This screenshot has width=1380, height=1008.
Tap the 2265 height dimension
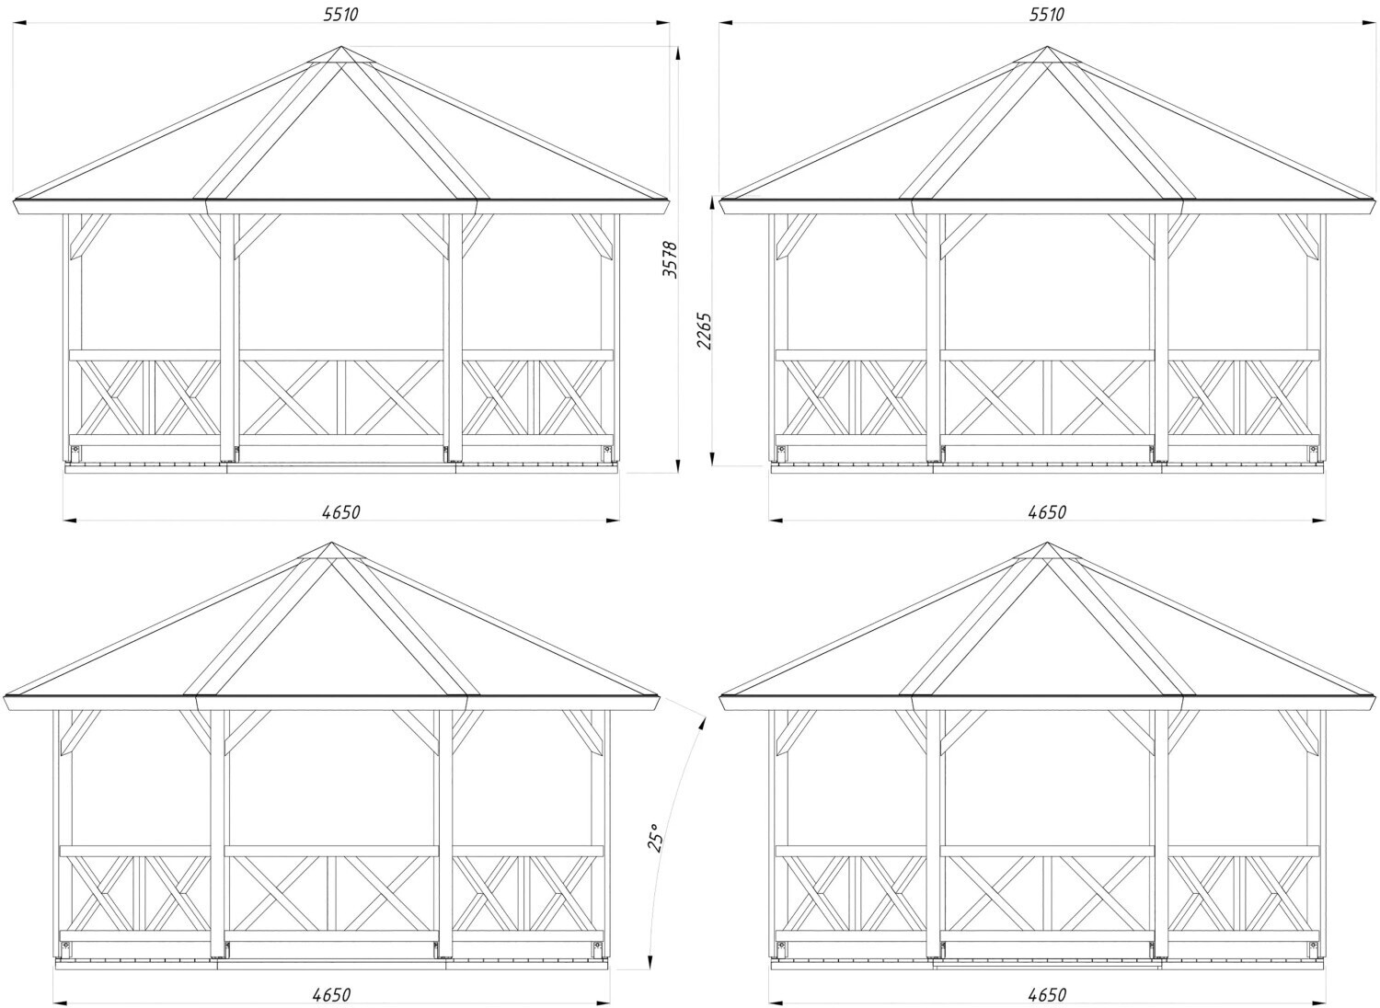pyautogui.click(x=703, y=332)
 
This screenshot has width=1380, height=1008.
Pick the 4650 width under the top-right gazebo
pyautogui.click(x=1047, y=512)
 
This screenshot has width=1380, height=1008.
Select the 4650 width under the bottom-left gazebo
pyautogui.click(x=331, y=994)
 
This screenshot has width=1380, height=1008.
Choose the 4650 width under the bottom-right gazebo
pyautogui.click(x=1047, y=994)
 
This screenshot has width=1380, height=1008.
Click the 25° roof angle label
pyautogui.click(x=655, y=838)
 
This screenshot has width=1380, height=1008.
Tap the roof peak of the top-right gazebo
pyautogui.click(x=1047, y=48)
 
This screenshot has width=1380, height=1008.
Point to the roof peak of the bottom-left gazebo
pyautogui.click(x=331, y=544)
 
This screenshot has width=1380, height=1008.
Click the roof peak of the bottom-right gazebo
pyautogui.click(x=1047, y=544)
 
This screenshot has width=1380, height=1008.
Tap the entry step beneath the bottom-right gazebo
pyautogui.click(x=1046, y=968)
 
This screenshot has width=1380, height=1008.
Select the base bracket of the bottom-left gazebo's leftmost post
pyautogui.click(x=65, y=946)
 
